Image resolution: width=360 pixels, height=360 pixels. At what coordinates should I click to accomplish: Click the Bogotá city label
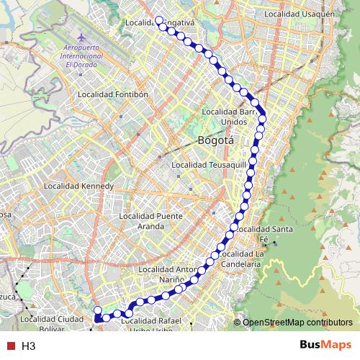tap(216, 141)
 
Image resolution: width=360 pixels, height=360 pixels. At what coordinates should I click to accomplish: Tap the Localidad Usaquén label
tap(300, 14)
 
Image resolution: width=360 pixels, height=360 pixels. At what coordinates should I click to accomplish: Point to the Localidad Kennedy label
tap(79, 186)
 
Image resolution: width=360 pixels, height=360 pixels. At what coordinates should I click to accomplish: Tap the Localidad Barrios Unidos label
tap(229, 116)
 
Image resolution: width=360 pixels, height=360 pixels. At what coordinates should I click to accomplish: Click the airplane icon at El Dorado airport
tap(81, 36)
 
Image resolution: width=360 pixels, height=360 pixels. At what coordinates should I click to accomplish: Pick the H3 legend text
tap(28, 346)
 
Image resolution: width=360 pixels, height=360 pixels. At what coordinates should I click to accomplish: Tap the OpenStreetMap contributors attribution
tap(297, 322)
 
